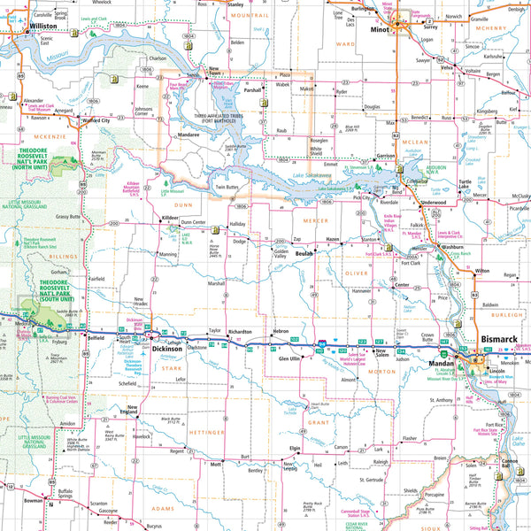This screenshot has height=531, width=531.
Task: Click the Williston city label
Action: (x=42, y=27)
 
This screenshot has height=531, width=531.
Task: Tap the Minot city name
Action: (x=381, y=27)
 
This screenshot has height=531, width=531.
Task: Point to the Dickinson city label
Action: (x=167, y=349)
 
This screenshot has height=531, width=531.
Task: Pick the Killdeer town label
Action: (x=170, y=217)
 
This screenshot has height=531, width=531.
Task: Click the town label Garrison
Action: (x=385, y=156)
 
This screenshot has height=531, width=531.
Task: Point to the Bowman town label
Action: (x=34, y=500)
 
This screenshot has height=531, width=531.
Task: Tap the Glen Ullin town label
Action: (x=290, y=358)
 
